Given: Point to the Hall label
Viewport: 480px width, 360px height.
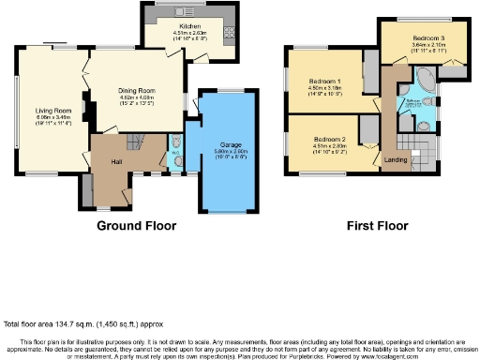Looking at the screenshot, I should (x=116, y=162).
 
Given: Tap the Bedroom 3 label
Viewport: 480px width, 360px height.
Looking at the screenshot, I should (x=427, y=37).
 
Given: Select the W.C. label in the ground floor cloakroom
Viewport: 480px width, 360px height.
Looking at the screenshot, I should (x=175, y=152).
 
